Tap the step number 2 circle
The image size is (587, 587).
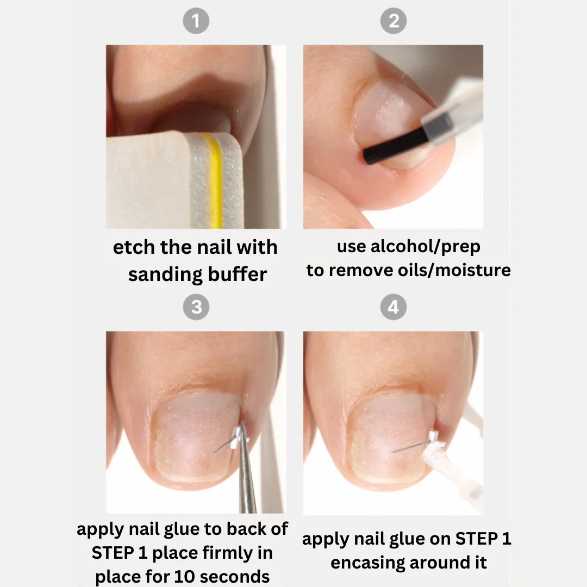394,22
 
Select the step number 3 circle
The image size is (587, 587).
196,308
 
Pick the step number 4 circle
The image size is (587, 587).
394,308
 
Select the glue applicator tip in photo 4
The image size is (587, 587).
438,454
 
